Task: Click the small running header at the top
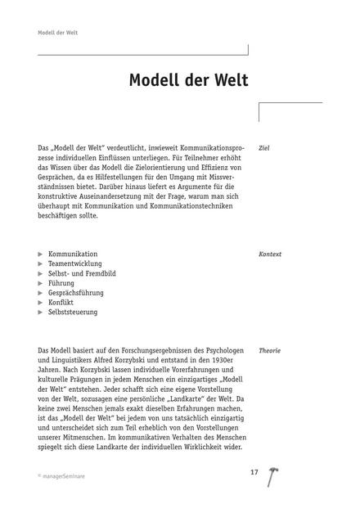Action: point(57,33)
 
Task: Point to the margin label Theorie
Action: point(269,350)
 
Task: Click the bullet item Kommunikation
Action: point(73,254)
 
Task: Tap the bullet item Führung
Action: point(61,283)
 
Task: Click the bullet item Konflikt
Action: point(61,302)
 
